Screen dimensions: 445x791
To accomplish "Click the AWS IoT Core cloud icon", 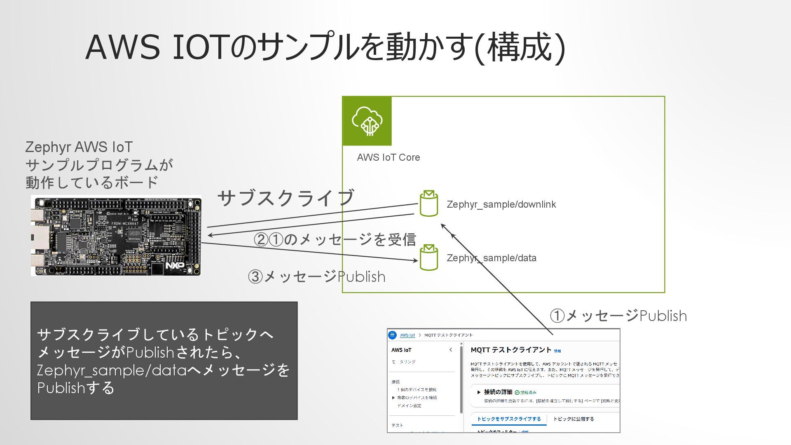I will pyautogui.click(x=367, y=121).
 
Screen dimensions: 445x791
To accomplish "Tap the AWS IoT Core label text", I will pyautogui.click(x=388, y=157).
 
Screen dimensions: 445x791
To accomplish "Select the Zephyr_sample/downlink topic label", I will pyautogui.click(x=501, y=204).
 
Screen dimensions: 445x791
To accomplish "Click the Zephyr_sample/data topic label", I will pyautogui.click(x=491, y=258).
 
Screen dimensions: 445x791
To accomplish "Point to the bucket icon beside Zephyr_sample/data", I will pyautogui.click(x=428, y=258).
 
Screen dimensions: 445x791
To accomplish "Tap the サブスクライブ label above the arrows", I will pyautogui.click(x=286, y=198).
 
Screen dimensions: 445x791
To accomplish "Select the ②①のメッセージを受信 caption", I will pyautogui.click(x=335, y=239).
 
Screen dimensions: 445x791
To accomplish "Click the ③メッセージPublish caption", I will pyautogui.click(x=316, y=276).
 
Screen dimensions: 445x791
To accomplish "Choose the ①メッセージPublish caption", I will pyautogui.click(x=618, y=316).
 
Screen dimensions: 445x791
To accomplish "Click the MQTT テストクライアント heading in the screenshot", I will pyautogui.click(x=510, y=350).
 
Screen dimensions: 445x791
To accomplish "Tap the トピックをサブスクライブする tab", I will pyautogui.click(x=508, y=419).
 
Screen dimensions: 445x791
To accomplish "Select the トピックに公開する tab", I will pyautogui.click(x=573, y=419).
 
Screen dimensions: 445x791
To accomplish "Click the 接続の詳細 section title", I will pyautogui.click(x=498, y=392).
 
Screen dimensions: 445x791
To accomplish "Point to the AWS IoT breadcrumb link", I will pyautogui.click(x=407, y=335).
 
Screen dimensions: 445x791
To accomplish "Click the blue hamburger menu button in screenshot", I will pyautogui.click(x=392, y=335).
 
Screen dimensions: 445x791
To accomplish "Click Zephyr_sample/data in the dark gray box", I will pyautogui.click(x=112, y=370).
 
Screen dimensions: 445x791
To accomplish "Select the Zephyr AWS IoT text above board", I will pyautogui.click(x=79, y=147).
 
